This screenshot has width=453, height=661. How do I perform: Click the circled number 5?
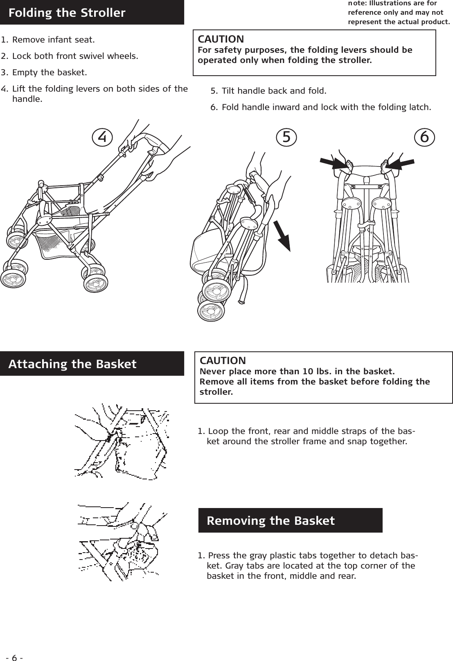pos(286,137)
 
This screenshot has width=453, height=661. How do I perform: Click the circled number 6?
pos(424,137)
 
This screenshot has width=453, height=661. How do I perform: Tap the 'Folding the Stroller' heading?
pos(67,13)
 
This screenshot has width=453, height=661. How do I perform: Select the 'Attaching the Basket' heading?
pos(72,364)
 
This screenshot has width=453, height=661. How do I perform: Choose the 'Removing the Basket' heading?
pos(270,520)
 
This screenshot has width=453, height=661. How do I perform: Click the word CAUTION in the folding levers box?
pos(221,39)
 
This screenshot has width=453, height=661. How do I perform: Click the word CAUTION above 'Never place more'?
pos(223,361)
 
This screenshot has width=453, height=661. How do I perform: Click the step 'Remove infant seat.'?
pos(53,40)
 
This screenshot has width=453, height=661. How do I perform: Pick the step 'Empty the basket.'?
pos(50,72)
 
